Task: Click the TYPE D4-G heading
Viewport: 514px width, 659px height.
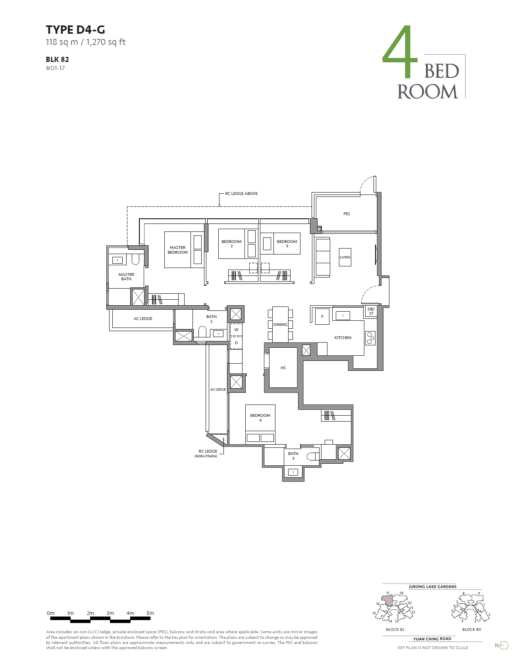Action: coord(75,30)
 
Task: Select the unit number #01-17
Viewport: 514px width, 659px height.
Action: coord(55,68)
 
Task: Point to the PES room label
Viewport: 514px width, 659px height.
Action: coord(347,214)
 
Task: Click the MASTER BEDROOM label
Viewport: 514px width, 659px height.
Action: coord(177,250)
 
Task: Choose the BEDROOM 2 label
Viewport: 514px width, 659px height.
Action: coord(231,243)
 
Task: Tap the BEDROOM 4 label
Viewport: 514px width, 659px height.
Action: coord(260,417)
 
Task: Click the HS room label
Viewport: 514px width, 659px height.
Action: coord(283,368)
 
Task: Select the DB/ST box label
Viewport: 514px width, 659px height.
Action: coord(371,311)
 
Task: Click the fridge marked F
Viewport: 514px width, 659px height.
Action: coord(322,317)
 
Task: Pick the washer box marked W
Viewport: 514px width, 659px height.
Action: coord(236,330)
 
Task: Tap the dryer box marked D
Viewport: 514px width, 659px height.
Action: coord(236,343)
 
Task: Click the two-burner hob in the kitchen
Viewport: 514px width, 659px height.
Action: coord(370,338)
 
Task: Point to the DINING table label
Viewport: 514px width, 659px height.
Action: coord(280,325)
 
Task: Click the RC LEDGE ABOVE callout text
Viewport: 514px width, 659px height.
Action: coord(241,194)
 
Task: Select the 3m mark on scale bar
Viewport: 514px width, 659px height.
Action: coord(110,613)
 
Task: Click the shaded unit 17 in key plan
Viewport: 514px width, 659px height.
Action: coord(387,601)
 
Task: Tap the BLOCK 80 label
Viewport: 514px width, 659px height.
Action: coord(472,630)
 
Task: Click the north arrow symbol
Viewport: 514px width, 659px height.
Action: coord(503,646)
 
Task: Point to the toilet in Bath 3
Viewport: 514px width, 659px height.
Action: coord(313,457)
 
